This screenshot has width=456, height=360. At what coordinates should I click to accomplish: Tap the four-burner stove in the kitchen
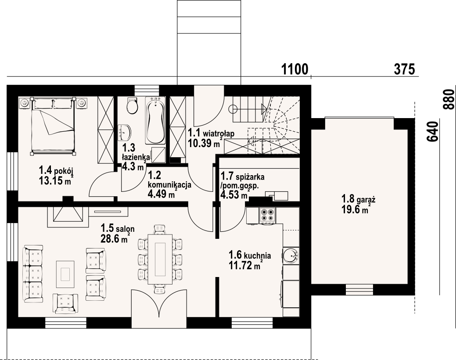267,216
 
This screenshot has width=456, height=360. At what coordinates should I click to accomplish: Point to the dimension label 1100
294,69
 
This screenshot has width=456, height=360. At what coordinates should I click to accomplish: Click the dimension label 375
404,69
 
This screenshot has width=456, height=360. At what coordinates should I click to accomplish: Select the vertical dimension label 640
432,132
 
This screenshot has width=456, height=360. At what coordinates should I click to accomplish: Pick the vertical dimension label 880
449,100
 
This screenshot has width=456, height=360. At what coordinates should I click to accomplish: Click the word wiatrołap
219,133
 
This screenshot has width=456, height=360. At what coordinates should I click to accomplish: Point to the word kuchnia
257,256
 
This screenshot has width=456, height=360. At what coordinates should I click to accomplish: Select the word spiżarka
250,176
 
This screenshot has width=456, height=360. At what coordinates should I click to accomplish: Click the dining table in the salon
160,259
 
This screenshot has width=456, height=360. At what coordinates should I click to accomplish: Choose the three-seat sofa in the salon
32,274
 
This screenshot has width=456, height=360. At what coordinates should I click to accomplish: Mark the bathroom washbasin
125,132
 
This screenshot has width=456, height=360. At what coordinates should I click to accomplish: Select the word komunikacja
169,184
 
